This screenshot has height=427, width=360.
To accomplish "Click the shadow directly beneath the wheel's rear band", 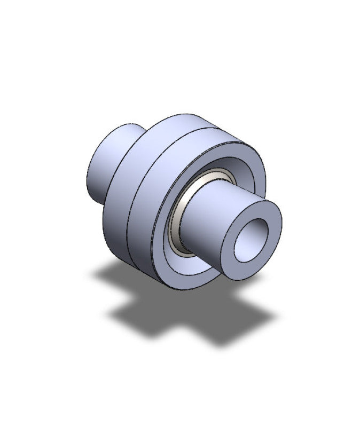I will point(123,278).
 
